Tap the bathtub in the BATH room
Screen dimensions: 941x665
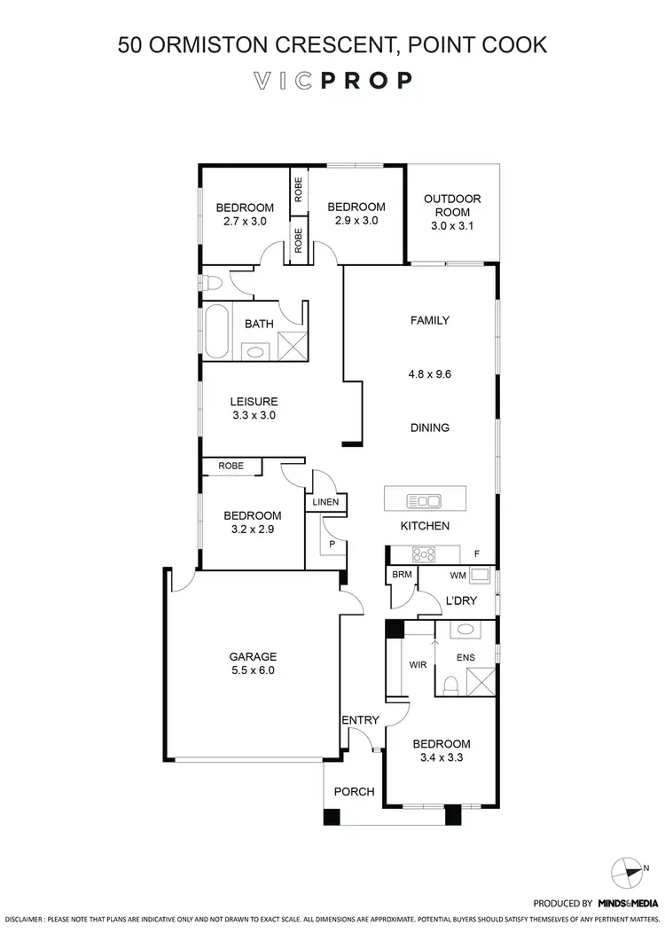point(216,333)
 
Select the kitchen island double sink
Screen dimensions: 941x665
point(424,501)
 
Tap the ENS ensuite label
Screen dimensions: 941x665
point(465,658)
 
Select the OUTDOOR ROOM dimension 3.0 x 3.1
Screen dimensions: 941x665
point(452,227)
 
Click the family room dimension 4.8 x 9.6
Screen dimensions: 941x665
point(430,374)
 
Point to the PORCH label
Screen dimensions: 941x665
point(354,792)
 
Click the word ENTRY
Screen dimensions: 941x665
point(361,720)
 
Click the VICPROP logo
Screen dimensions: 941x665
point(332,81)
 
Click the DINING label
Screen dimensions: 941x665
point(430,427)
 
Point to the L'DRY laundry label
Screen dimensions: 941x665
point(460,600)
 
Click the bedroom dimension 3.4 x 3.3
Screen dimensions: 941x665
point(441,758)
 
